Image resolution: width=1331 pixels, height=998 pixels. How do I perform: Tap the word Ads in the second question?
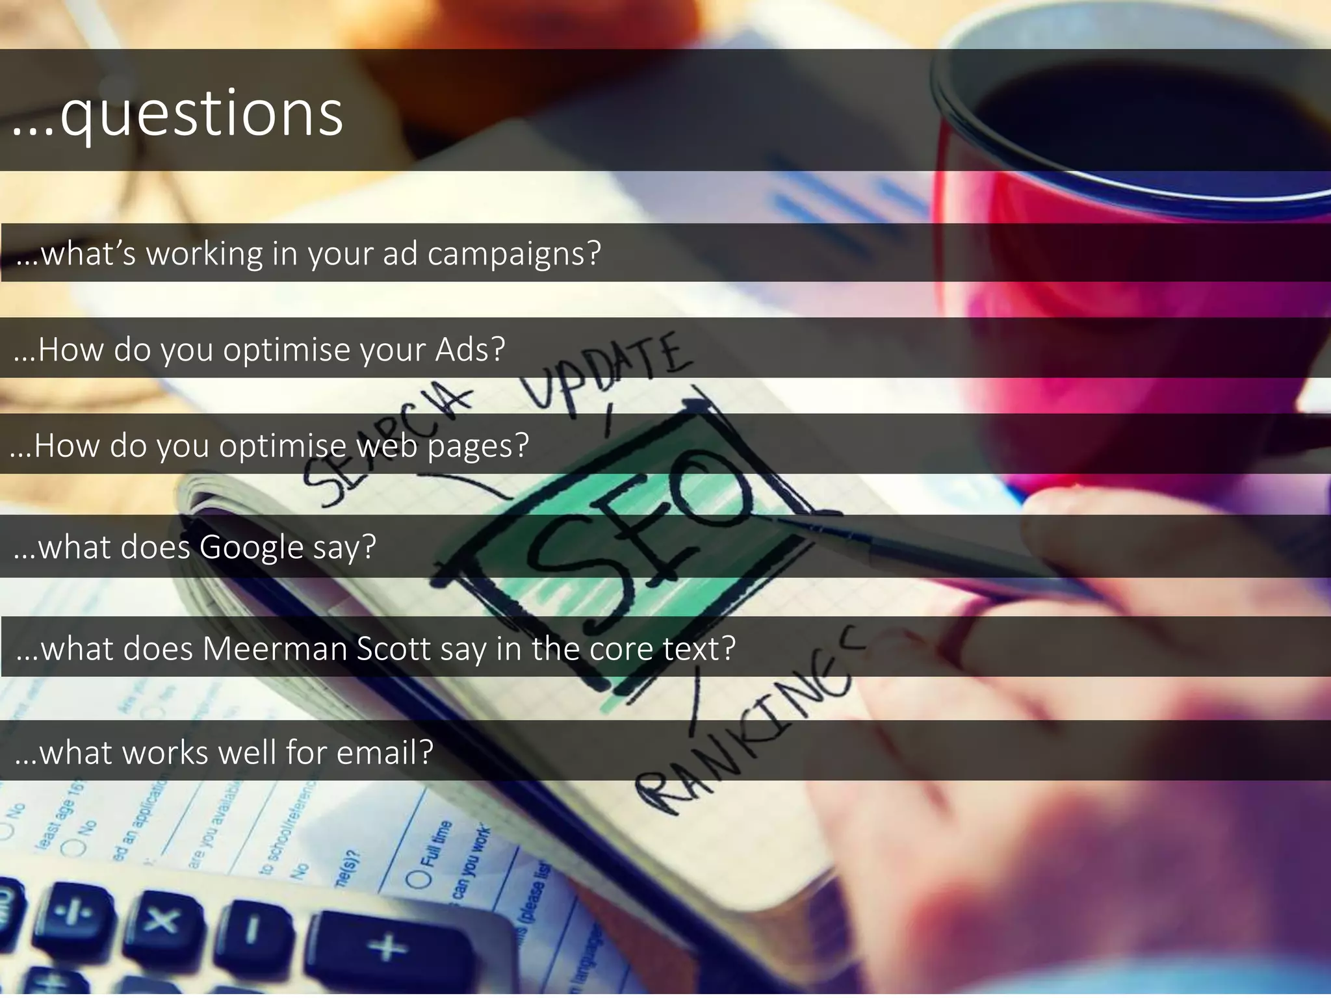pos(469,350)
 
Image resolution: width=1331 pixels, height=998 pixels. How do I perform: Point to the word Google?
pos(252,547)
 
